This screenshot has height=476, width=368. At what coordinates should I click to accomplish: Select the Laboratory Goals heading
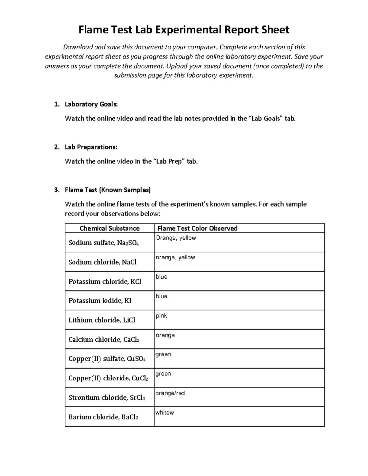[91, 104]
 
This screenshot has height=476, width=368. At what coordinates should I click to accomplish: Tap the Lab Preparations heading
[91, 147]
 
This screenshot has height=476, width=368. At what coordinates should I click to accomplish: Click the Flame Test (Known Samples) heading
[108, 190]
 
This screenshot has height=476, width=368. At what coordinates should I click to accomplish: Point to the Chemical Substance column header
[109, 228]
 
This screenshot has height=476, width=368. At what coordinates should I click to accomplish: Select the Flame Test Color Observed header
[197, 228]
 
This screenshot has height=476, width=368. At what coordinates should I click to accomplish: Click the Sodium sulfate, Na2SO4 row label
[104, 243]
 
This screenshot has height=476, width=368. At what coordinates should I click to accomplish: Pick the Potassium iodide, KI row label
[100, 301]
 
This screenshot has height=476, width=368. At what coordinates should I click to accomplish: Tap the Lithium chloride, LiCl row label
[102, 320]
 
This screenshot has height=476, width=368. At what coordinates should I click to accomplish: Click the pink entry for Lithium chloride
[161, 316]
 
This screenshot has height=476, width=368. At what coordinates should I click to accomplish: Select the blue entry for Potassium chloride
[161, 277]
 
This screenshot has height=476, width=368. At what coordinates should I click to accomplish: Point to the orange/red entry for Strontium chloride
[170, 393]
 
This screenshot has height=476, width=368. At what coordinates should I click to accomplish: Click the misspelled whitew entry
[164, 413]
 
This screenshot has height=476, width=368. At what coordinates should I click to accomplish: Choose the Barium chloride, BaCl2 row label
[103, 417]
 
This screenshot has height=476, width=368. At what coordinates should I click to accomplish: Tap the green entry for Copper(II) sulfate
[163, 354]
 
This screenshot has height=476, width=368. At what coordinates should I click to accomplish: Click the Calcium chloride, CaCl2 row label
[104, 340]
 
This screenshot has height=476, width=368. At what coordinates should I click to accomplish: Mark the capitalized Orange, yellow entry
[175, 238]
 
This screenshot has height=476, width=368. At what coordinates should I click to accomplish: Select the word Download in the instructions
[78, 47]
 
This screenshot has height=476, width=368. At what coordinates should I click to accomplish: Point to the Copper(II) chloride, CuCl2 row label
[108, 378]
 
